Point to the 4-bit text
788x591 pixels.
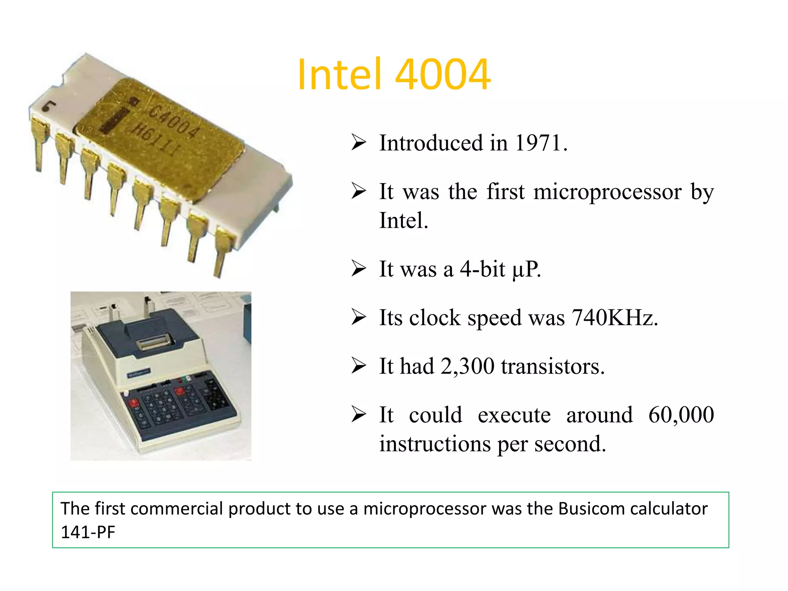pyautogui.click(x=482, y=269)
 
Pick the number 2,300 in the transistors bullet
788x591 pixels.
pyautogui.click(x=467, y=366)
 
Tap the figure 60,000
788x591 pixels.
pyautogui.click(x=681, y=415)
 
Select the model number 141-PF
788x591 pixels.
pyautogui.click(x=88, y=533)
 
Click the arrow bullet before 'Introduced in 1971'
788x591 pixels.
pyautogui.click(x=358, y=143)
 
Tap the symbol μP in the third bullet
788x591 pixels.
pyautogui.click(x=526, y=269)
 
